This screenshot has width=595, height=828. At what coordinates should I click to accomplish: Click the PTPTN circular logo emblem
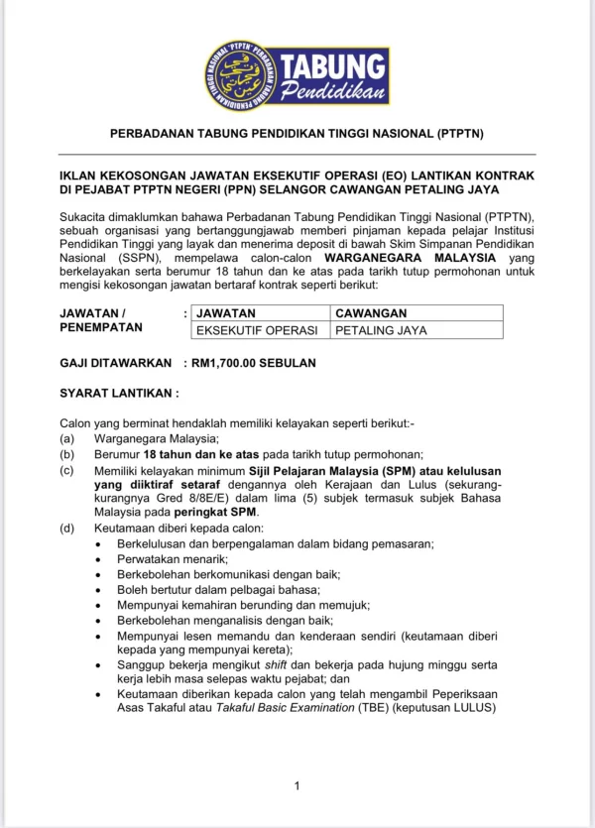point(241,75)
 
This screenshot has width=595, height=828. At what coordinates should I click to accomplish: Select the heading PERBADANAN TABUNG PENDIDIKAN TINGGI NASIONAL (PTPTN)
point(297,134)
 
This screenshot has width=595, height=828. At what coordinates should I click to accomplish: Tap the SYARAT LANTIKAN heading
point(119,393)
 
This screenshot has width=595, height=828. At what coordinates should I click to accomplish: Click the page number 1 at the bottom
point(297,786)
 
